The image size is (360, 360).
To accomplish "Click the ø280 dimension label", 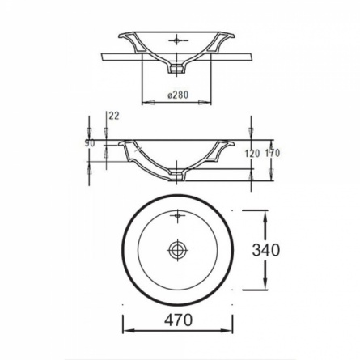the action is click(178, 95).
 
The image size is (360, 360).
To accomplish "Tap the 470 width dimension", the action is click(179, 320).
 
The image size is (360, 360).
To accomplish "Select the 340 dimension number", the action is click(266, 250).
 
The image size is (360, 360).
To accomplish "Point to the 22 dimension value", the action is click(114, 116).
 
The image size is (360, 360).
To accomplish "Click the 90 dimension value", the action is click(90, 143).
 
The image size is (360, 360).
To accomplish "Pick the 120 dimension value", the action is click(252, 154).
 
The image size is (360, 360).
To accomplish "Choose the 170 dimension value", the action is click(272, 153).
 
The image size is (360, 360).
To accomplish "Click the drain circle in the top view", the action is click(177, 250).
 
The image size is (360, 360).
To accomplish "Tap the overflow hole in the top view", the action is click(177, 215).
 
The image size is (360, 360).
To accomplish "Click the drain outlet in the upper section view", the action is click(177, 69).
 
